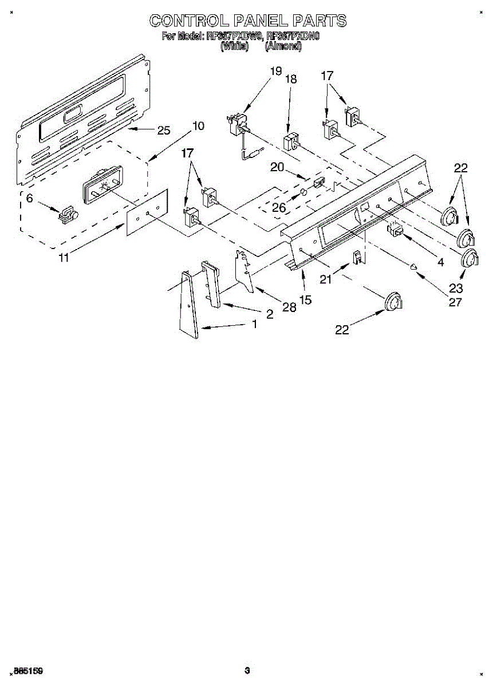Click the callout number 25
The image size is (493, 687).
click(x=164, y=131)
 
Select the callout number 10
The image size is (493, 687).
click(x=198, y=126)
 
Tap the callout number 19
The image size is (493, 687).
click(x=276, y=71)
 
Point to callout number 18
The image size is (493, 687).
click(x=291, y=80)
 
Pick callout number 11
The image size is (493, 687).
click(x=64, y=258)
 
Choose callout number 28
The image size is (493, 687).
click(x=289, y=307)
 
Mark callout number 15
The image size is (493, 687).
click(x=306, y=299)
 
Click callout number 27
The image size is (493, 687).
click(x=455, y=302)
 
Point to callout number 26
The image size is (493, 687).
click(x=279, y=208)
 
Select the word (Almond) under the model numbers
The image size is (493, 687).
click(x=283, y=46)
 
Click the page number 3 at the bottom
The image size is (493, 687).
click(x=247, y=670)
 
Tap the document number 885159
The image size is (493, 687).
click(x=29, y=670)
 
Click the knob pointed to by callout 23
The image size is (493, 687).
click(x=470, y=258)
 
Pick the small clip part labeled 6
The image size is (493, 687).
click(x=68, y=214)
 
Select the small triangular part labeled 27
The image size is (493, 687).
click(x=413, y=265)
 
